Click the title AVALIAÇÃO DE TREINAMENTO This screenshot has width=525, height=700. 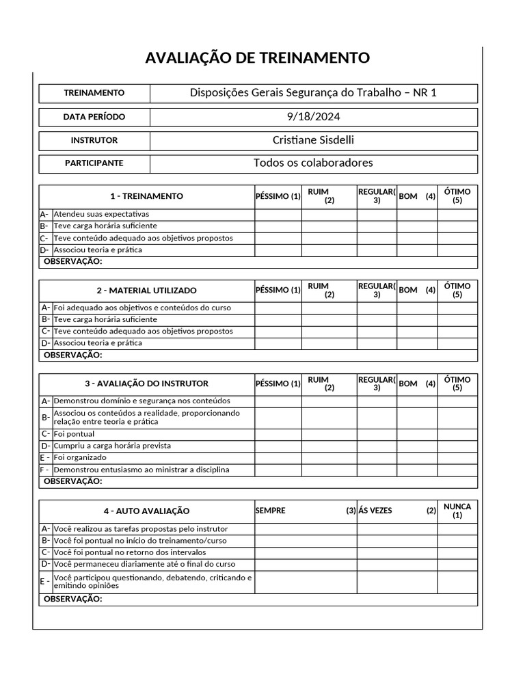258,58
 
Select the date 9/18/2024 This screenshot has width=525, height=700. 313,116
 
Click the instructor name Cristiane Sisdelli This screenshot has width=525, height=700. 313,140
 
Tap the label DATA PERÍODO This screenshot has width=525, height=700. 94,117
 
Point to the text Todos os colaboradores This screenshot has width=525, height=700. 313,163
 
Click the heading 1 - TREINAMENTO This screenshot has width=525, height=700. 146,196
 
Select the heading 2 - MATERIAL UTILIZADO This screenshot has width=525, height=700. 146,291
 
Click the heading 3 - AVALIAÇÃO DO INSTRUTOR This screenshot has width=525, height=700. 146,383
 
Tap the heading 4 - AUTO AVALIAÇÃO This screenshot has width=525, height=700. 146,511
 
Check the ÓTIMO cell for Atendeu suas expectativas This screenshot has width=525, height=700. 457,214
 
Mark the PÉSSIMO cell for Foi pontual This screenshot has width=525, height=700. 278,434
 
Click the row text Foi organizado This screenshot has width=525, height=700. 80,457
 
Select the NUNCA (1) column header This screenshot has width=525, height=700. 457,511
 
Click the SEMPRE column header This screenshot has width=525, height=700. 271,511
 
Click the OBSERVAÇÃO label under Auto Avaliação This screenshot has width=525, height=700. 72,600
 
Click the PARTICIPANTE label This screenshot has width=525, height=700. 94,163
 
